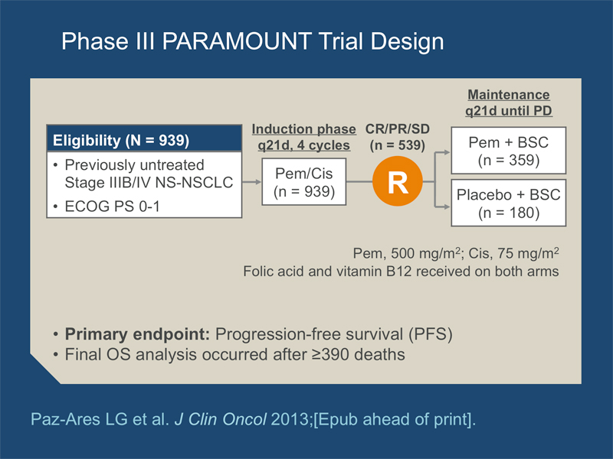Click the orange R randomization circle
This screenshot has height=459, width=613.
pos(398,181)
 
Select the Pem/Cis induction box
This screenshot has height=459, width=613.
pos(303,182)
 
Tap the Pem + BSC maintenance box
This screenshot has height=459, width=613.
pos(509,150)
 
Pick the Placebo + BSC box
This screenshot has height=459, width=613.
pos(509,203)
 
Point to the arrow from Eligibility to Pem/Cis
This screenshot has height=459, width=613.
pos(252,182)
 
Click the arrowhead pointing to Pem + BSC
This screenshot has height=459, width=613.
pos(447,152)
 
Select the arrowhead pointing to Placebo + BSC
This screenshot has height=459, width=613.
pos(447,207)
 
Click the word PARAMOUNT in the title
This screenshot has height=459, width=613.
pos(237,41)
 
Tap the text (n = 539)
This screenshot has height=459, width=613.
pos(398,145)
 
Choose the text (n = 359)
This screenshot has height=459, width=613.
pos(509,160)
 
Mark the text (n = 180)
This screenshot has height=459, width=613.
pos(509,213)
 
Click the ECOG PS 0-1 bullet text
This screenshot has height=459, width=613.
pos(112,206)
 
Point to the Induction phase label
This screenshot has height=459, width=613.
pos(303,129)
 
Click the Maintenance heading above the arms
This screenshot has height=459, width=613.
pos(509,95)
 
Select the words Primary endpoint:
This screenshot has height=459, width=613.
pos(138,334)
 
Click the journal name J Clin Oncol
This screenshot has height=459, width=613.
pos(221,419)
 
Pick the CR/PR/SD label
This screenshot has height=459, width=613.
pos(398,129)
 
